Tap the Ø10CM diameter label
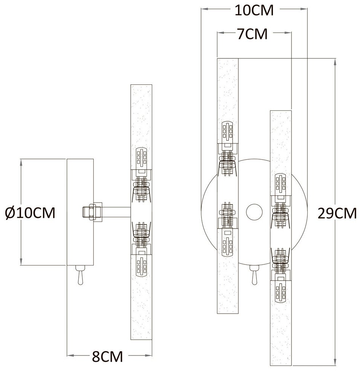[x=31, y=213]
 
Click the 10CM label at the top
[x=253, y=11]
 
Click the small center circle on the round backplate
[x=254, y=211]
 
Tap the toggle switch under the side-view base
[x=80, y=276]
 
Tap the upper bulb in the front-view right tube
[x=281, y=184]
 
